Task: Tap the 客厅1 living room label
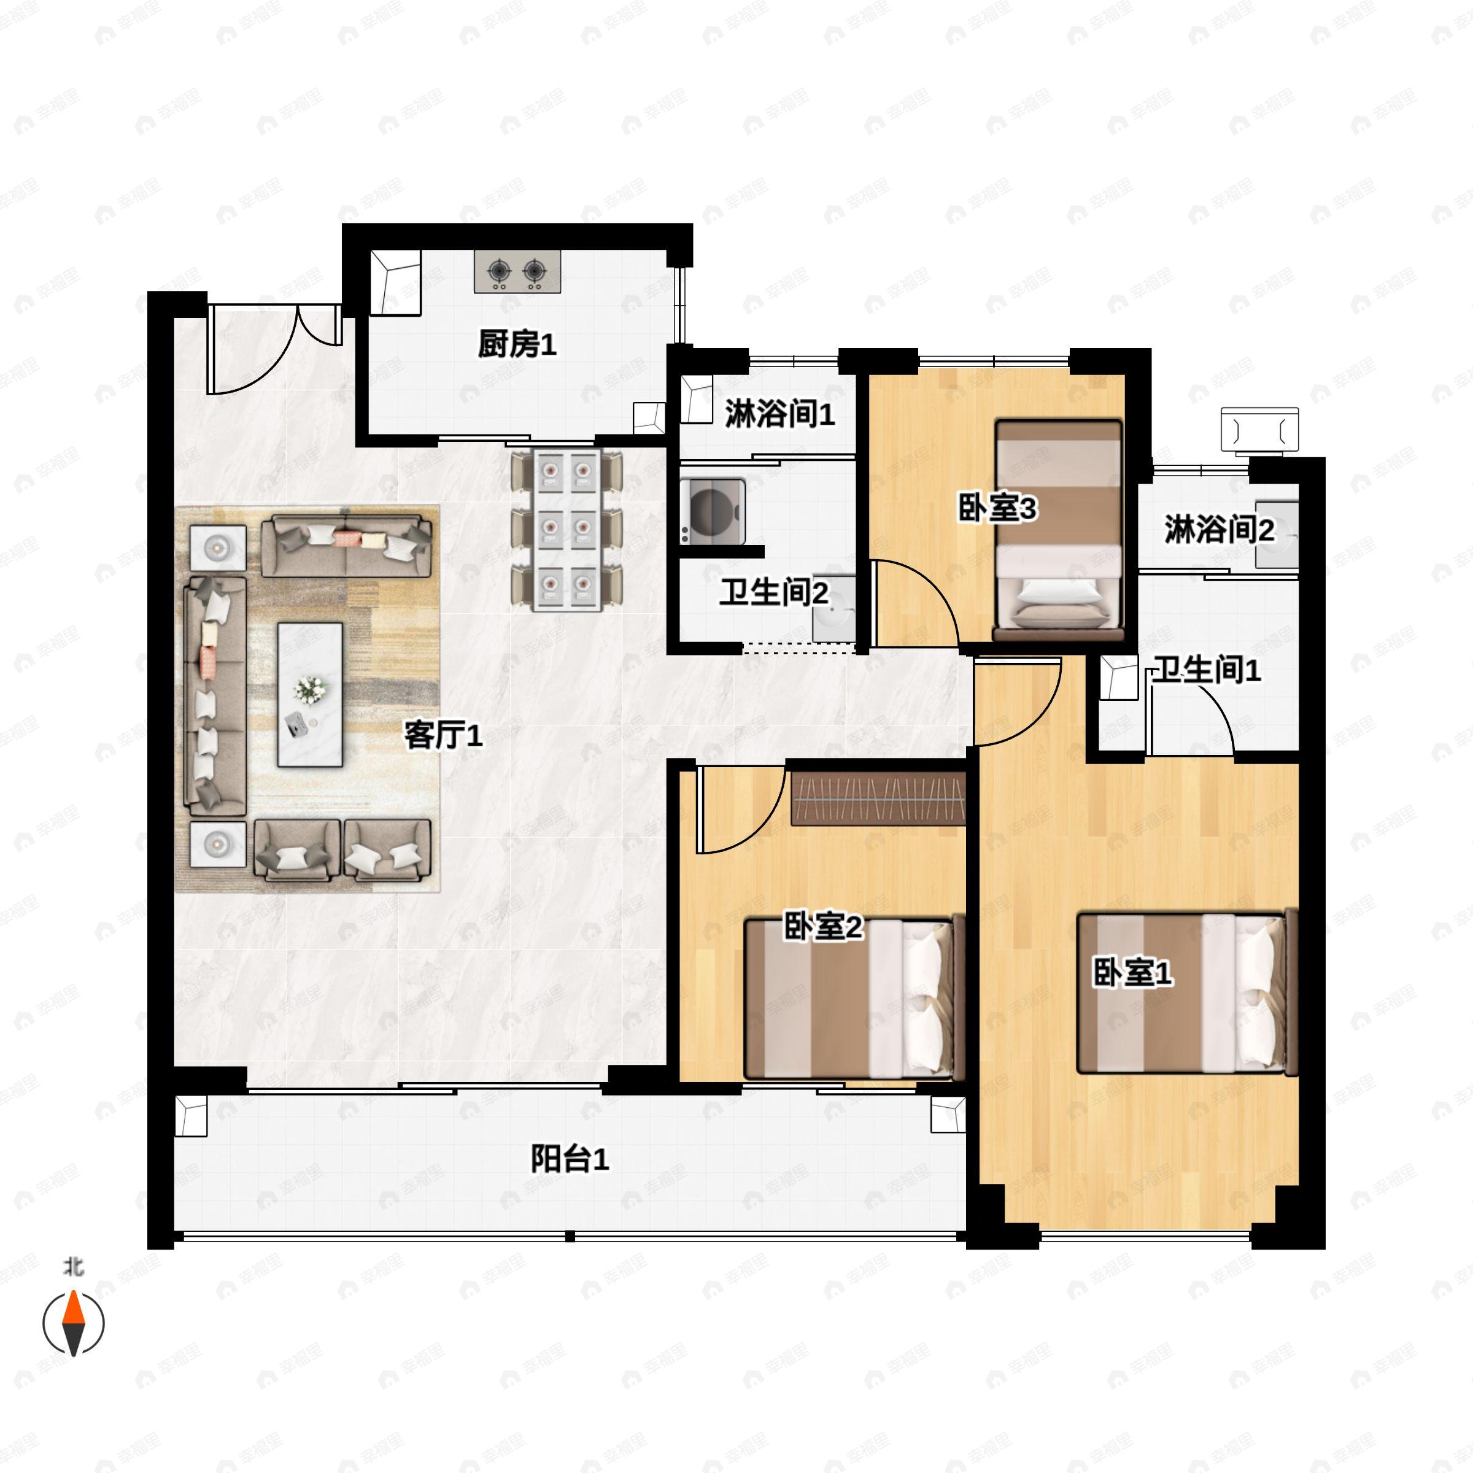click(x=443, y=736)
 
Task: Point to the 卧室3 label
click(x=997, y=509)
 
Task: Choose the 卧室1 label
click(x=1132, y=973)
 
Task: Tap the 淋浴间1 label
click(x=779, y=414)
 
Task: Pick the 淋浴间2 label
click(x=1218, y=529)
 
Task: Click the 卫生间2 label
click(x=773, y=592)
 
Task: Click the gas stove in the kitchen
click(x=517, y=271)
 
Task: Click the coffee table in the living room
click(x=309, y=694)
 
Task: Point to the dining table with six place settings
click(x=566, y=530)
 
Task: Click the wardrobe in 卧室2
click(x=878, y=799)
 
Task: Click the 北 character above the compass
click(x=73, y=1266)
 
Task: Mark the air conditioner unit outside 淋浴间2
click(x=1259, y=431)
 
